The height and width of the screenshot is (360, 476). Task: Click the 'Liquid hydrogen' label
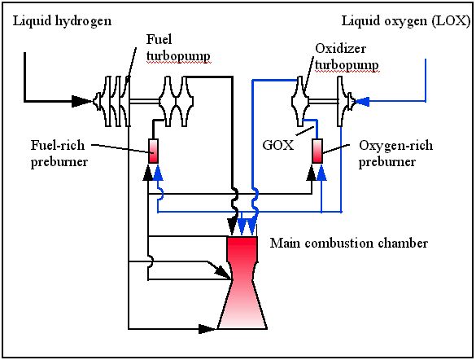point(62,21)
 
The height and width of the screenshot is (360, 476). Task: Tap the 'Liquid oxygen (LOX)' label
point(406,21)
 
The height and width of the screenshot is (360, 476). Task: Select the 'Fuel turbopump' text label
point(178,48)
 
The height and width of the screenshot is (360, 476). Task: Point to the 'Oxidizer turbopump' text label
point(347,57)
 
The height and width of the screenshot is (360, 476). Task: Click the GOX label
point(278,145)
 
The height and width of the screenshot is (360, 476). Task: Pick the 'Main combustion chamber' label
point(349,243)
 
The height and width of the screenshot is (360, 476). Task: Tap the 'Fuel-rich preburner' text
point(59,154)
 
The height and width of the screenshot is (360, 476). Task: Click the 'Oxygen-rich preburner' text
point(395,154)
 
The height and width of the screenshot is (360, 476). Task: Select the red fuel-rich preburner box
point(153,151)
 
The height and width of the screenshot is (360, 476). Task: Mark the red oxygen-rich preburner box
point(317,151)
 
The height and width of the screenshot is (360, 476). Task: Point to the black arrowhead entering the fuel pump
point(82,101)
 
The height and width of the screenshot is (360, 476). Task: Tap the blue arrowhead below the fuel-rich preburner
point(158,173)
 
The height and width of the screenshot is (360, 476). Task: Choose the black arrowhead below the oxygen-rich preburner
point(312,173)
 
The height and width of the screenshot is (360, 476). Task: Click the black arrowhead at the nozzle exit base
point(207,329)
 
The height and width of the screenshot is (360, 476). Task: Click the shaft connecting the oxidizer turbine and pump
point(323,101)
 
